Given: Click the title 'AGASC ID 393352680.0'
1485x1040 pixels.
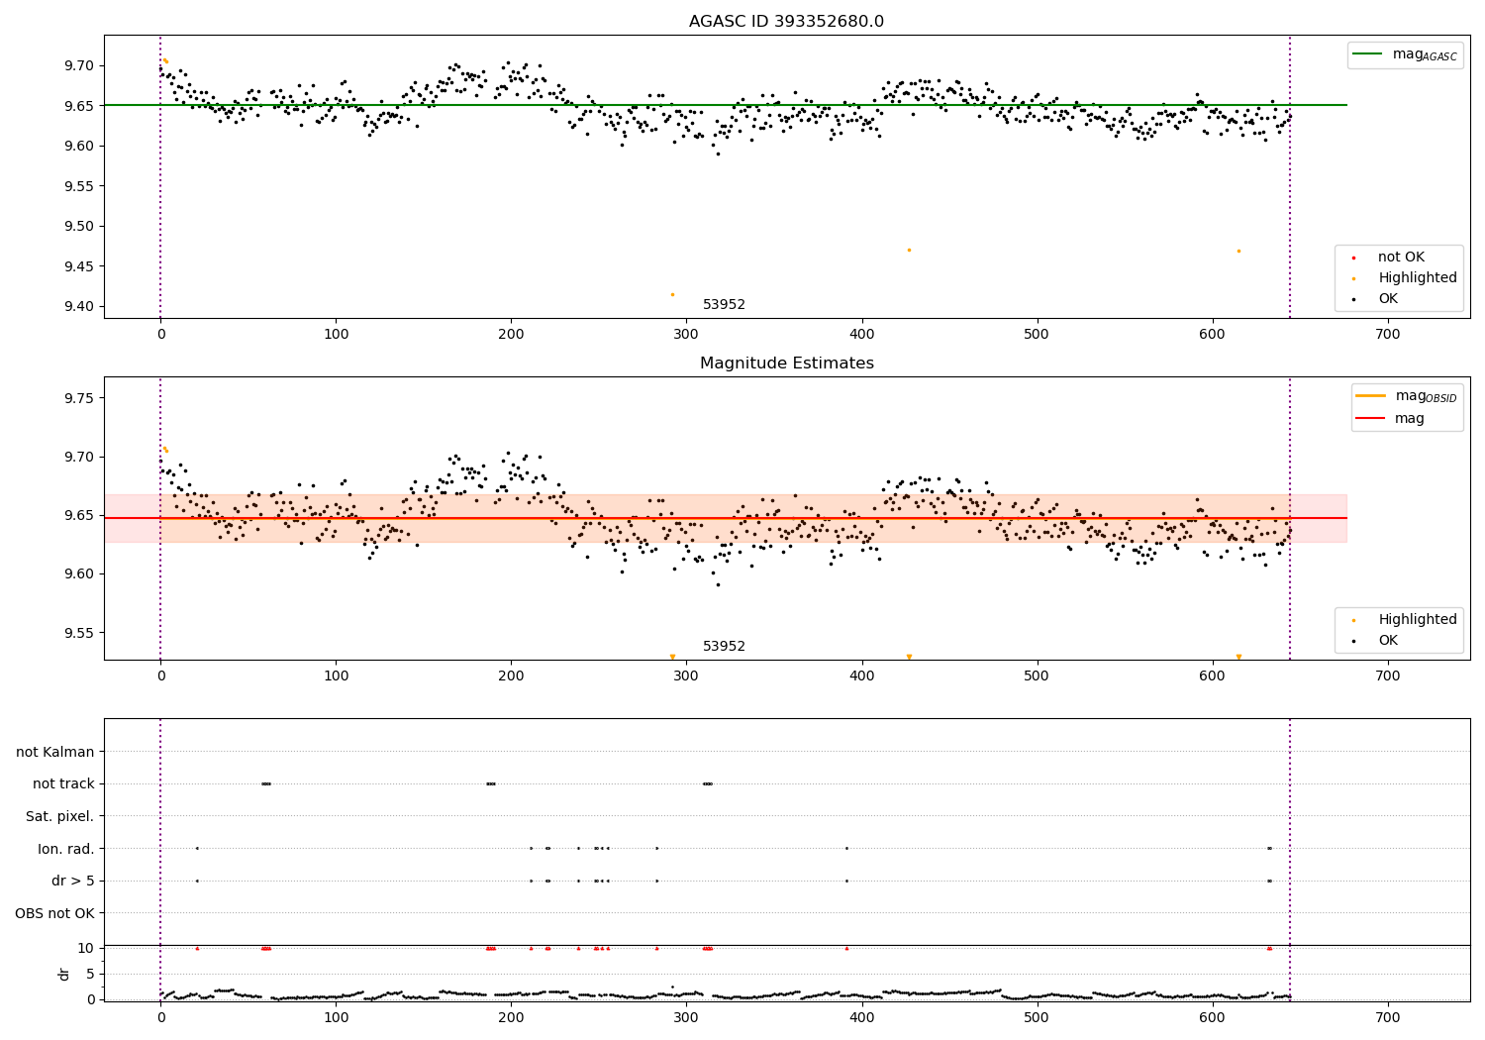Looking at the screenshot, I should pos(786,22).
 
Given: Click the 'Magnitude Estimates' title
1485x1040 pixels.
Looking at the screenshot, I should pos(786,364).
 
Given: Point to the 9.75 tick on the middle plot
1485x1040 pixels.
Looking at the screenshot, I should pos(84,398).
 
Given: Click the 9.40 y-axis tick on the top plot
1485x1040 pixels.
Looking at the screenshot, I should pos(84,306).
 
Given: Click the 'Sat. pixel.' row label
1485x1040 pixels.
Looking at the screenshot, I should pos(59,816).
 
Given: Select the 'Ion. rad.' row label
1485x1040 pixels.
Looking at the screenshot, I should pos(66,849).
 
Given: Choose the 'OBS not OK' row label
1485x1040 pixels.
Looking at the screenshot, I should pos(54,913).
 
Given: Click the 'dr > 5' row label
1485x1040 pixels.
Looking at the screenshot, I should pos(73,881).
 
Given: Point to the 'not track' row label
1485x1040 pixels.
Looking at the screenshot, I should pos(63,783).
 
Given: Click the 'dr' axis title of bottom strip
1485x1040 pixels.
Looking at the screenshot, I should pos(64,974).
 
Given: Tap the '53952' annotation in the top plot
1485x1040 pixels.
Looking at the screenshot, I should pos(724,305).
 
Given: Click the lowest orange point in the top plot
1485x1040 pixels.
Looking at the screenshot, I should pos(672,294).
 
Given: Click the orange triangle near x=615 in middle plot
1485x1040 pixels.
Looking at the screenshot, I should pos(1238,657).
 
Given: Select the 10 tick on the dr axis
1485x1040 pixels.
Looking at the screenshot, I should pos(86,948).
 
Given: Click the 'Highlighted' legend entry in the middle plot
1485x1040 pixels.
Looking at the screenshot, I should pos(1417,619).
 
